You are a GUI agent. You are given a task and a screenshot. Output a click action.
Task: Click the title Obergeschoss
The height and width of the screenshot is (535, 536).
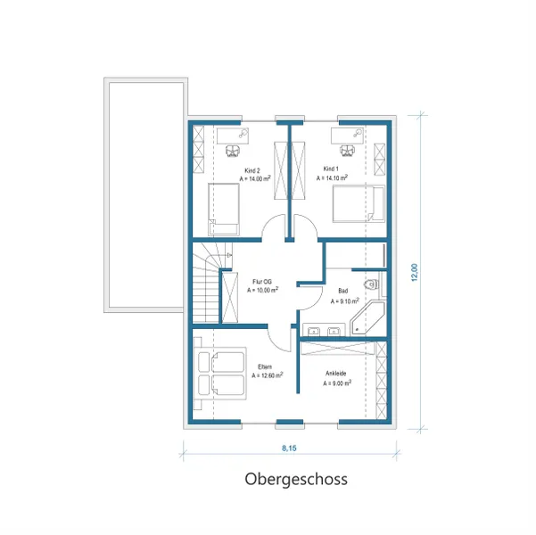[x=296, y=479]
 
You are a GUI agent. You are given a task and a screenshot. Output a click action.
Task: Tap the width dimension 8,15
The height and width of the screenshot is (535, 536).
[x=290, y=449]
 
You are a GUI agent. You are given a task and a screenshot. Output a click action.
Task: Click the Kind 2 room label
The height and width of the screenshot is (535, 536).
[x=252, y=170]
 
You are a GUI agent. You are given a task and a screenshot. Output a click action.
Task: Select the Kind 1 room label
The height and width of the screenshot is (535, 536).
[x=331, y=169]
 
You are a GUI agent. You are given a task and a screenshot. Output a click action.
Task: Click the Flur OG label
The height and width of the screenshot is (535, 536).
[x=261, y=281]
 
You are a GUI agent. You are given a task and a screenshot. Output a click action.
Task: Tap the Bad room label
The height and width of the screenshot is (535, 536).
[x=343, y=292]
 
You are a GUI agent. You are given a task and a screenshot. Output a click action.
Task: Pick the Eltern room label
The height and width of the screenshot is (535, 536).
[x=265, y=366]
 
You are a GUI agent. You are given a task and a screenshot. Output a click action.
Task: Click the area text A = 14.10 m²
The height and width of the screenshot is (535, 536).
[x=332, y=178]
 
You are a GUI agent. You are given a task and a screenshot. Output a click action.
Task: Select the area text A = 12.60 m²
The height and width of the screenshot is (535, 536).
[x=267, y=375]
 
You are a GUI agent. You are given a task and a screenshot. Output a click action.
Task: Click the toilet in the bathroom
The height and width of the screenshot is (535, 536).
[x=372, y=285]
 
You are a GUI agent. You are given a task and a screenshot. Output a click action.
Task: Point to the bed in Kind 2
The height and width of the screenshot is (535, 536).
[x=224, y=208]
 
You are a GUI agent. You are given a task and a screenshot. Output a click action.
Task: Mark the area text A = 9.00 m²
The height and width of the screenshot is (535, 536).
[x=336, y=384]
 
